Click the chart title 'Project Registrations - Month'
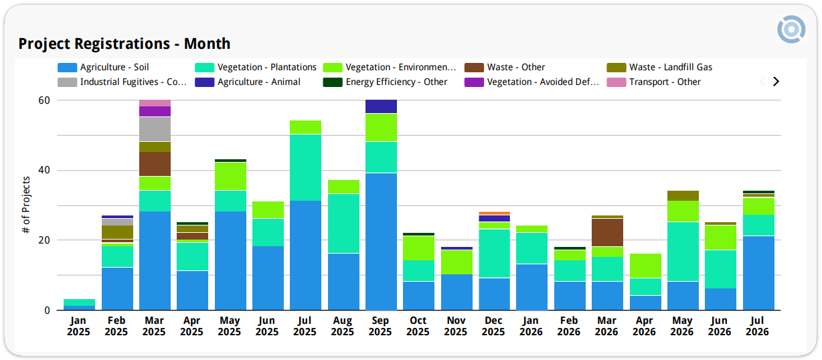point(125,43)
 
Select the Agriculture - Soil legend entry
point(103,67)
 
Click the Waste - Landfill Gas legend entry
point(659,67)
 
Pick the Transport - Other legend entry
point(653,82)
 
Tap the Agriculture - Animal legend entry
point(247,82)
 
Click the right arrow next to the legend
point(776,82)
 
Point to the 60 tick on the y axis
point(44,100)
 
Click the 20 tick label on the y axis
point(44,240)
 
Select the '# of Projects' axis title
point(25,205)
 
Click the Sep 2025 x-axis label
point(380,326)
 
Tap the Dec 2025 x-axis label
point(493,326)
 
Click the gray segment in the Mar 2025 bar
point(155,129)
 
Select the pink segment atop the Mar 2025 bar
point(155,103)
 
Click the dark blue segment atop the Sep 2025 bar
point(381,106)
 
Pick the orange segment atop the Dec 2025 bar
point(494,213)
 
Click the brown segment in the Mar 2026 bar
point(607,233)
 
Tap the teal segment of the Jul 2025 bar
point(305,167)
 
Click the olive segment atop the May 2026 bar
point(683,195)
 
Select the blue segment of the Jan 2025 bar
point(79,308)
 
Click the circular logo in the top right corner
point(791,29)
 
